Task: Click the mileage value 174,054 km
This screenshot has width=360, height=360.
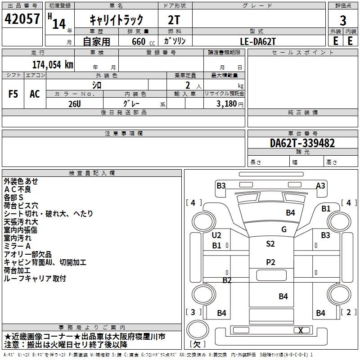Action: click(53, 65)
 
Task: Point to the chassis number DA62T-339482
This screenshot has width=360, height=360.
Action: click(302, 143)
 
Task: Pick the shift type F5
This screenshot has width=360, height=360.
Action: click(13, 94)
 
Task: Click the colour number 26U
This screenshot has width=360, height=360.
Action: click(75, 103)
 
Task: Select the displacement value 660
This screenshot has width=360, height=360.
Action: click(138, 41)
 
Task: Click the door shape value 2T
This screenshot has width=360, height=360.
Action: click(174, 20)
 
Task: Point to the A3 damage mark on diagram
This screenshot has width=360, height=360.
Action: click(320, 185)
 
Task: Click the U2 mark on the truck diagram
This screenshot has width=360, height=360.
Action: click(216, 235)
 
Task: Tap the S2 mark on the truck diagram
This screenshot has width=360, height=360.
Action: click(270, 244)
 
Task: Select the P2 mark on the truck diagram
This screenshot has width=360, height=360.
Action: click(270, 262)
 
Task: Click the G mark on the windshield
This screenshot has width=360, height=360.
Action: click(283, 229)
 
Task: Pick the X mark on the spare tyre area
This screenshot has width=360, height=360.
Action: click(301, 330)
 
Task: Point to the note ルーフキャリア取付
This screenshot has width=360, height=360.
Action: click(35, 279)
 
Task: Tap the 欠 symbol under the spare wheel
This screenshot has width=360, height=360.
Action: click(197, 344)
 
